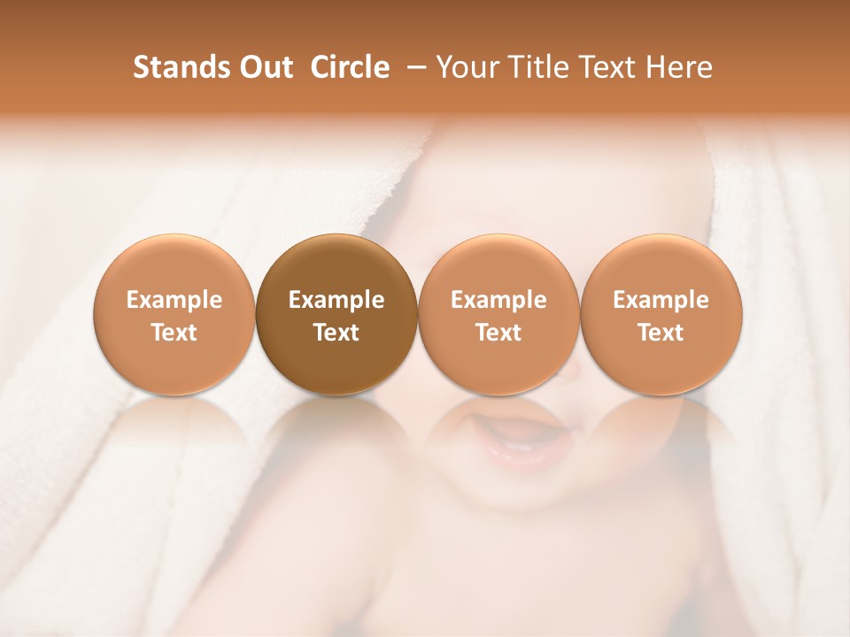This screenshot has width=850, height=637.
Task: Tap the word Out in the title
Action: (x=265, y=67)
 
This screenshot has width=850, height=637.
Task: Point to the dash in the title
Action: (x=413, y=68)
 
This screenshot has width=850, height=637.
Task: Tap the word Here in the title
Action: (x=679, y=67)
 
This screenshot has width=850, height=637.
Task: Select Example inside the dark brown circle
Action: (x=336, y=300)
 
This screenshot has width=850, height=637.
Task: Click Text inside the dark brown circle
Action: (x=336, y=333)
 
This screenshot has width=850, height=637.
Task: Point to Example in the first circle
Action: (x=174, y=300)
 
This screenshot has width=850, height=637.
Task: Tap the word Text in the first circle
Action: (x=174, y=333)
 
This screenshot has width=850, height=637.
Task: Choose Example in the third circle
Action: (x=498, y=300)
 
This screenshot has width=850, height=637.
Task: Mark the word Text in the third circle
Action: (x=498, y=333)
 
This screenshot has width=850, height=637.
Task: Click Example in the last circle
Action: (x=661, y=300)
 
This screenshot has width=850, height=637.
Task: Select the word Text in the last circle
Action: (x=661, y=333)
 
